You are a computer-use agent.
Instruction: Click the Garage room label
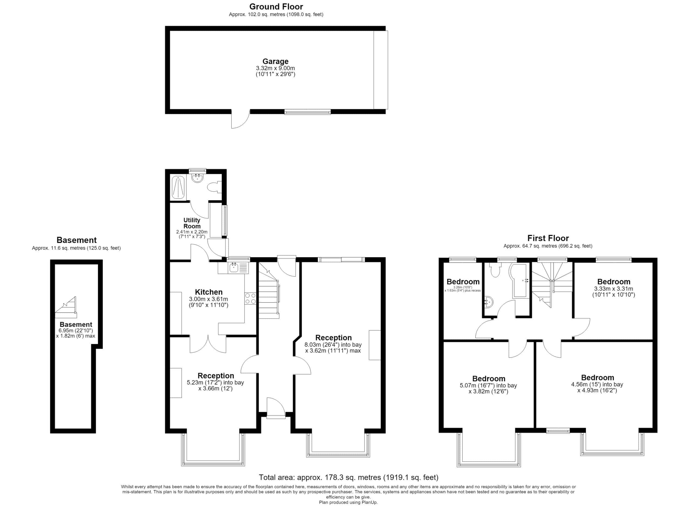click(x=275, y=62)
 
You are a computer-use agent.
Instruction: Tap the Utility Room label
click(x=192, y=223)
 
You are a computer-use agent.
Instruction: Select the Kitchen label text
click(x=209, y=292)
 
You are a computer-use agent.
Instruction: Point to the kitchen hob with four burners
click(x=250, y=298)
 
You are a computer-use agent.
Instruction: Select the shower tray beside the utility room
click(x=178, y=187)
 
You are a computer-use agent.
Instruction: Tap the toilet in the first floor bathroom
click(x=495, y=270)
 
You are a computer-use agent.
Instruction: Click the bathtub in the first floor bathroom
click(x=519, y=280)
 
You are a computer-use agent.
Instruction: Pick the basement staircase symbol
click(x=66, y=307)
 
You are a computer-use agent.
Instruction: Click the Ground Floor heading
click(x=276, y=7)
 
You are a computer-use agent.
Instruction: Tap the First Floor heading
click(x=548, y=238)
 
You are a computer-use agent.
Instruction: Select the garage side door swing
click(x=240, y=119)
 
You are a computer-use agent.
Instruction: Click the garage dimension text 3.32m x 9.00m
click(x=275, y=68)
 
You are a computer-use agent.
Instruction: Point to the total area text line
click(x=348, y=477)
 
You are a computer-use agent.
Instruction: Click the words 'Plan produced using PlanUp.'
click(x=348, y=502)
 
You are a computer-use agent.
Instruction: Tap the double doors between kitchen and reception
click(x=208, y=344)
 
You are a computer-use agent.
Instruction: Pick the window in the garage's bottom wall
click(x=308, y=112)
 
